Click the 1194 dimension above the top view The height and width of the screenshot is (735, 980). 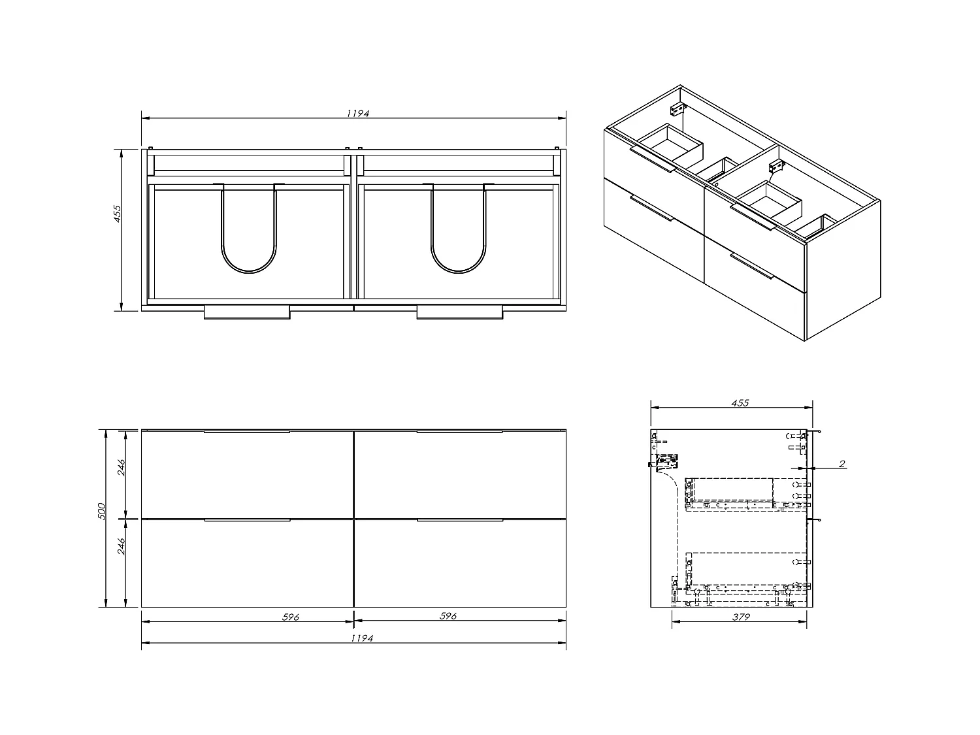pyautogui.click(x=358, y=113)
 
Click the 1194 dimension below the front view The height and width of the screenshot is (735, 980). pyautogui.click(x=361, y=638)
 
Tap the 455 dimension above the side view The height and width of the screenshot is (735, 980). pyautogui.click(x=740, y=402)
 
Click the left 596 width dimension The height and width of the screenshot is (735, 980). pyautogui.click(x=291, y=616)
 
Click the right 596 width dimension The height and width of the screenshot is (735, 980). pyautogui.click(x=448, y=616)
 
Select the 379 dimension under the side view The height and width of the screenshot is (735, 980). pyautogui.click(x=740, y=617)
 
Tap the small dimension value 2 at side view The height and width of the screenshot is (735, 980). pyautogui.click(x=842, y=464)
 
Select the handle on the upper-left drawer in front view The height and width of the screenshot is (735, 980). pyautogui.click(x=246, y=432)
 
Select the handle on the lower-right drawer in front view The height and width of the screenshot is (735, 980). pyautogui.click(x=459, y=521)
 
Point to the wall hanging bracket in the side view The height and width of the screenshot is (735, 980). pyautogui.click(x=666, y=463)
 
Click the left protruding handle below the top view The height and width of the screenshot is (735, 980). pyautogui.click(x=246, y=313)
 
